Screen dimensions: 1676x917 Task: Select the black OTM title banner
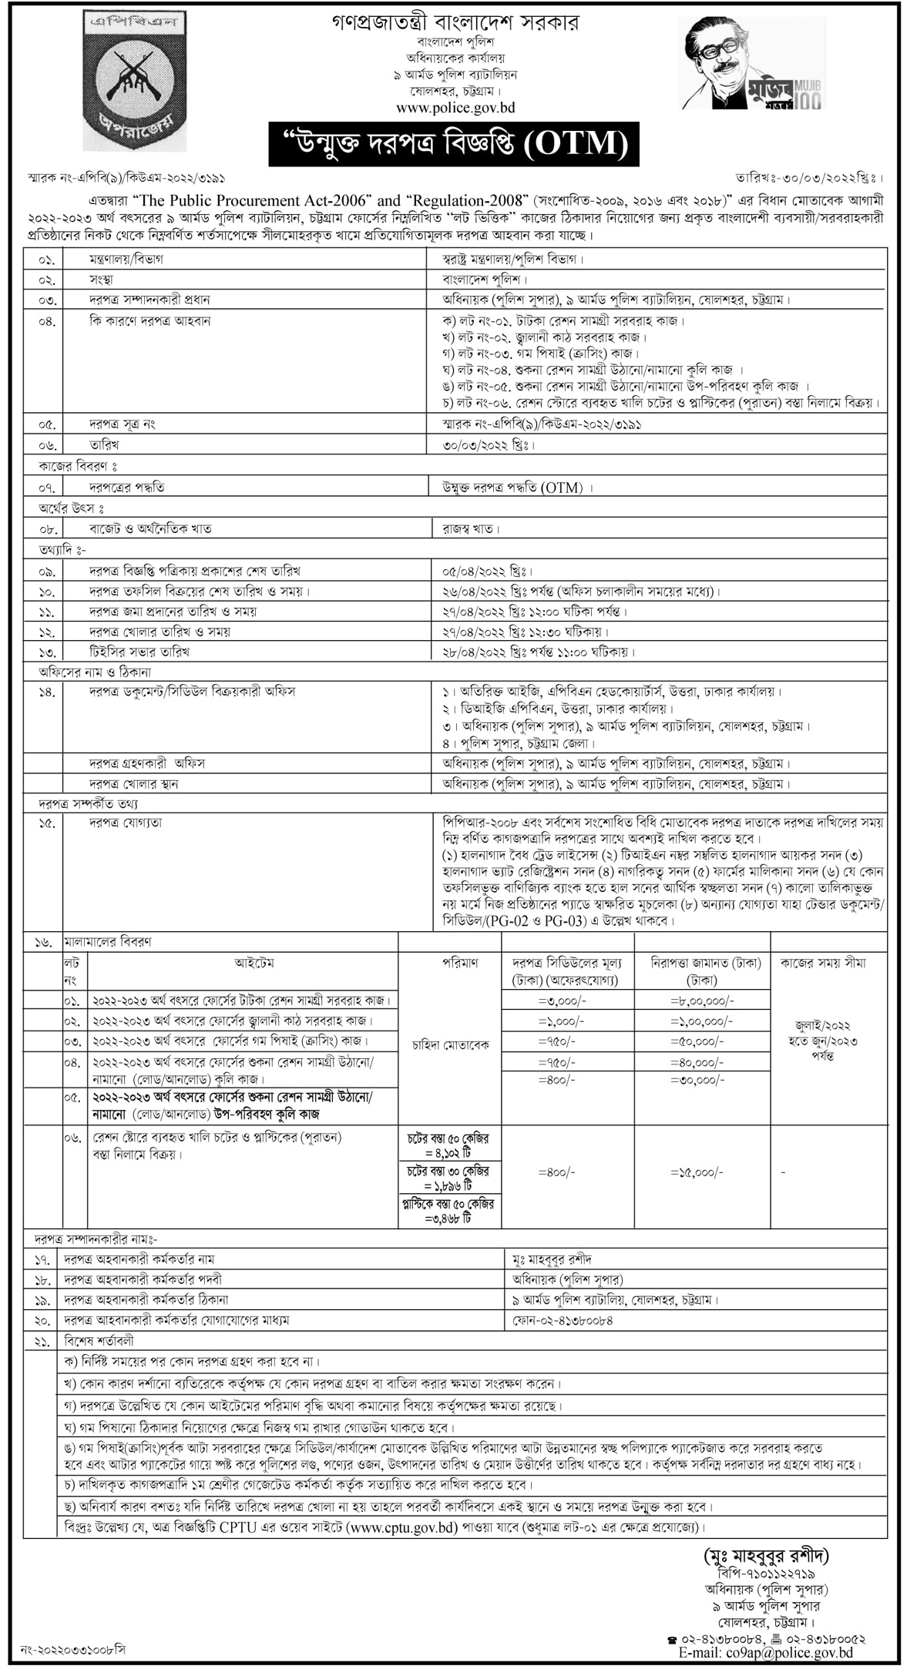point(453,142)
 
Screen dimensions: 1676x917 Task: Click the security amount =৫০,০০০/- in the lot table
point(697,1041)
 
